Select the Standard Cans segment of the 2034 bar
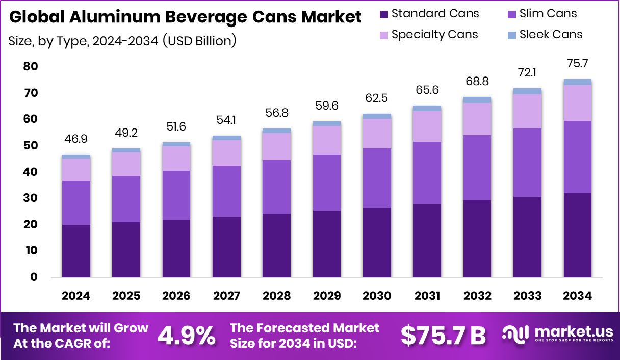577,235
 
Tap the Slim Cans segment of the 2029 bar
327,183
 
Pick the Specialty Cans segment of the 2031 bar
427,126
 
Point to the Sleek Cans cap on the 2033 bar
527,91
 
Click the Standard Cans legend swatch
384,14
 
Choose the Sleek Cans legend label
551,35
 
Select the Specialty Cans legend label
434,35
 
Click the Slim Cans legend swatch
511,14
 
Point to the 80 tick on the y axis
31,67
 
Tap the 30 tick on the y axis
31,198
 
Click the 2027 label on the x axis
226,296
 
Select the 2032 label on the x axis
477,296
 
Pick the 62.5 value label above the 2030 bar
377,97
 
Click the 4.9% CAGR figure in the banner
186,335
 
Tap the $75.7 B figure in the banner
443,335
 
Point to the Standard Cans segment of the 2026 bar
176,249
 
